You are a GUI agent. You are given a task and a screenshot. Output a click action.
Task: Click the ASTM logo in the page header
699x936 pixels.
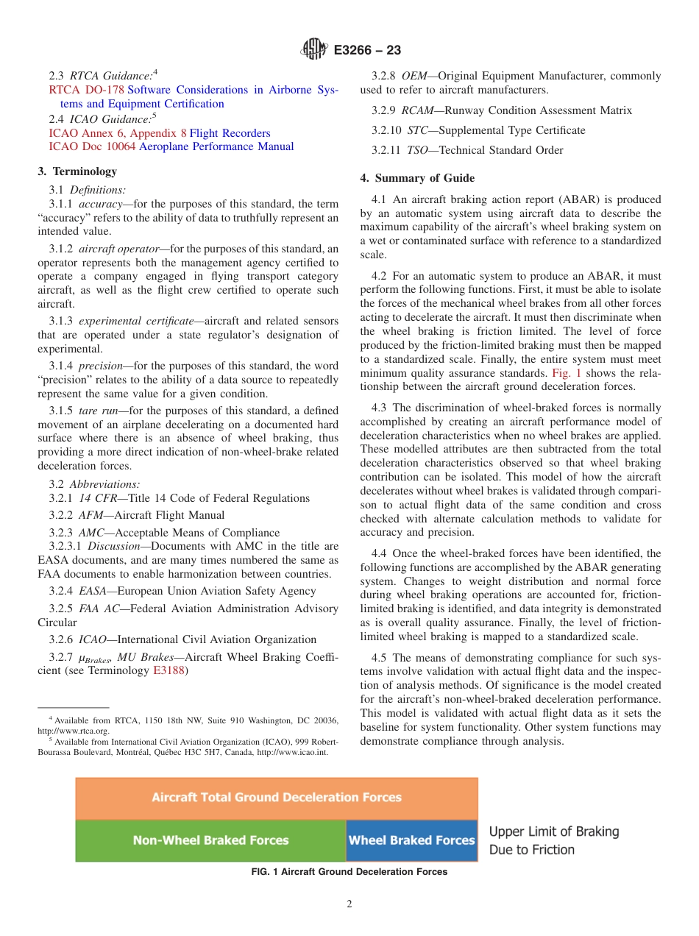point(313,50)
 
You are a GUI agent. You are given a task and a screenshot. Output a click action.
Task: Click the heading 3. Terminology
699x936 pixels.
point(77,171)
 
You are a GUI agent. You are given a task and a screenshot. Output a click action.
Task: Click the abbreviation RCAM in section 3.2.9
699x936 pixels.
point(418,110)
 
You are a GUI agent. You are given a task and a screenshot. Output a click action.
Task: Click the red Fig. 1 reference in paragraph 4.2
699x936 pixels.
point(567,373)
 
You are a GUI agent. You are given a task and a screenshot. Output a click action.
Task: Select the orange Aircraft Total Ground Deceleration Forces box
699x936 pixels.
point(277,798)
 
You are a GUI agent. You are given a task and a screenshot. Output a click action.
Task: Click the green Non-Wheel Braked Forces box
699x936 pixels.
point(210,840)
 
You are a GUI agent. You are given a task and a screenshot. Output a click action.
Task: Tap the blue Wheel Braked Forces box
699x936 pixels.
point(411,840)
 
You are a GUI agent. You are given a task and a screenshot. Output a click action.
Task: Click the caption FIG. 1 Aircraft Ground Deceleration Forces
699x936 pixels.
point(349,872)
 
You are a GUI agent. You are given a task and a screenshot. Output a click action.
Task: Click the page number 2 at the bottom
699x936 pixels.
point(349,904)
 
